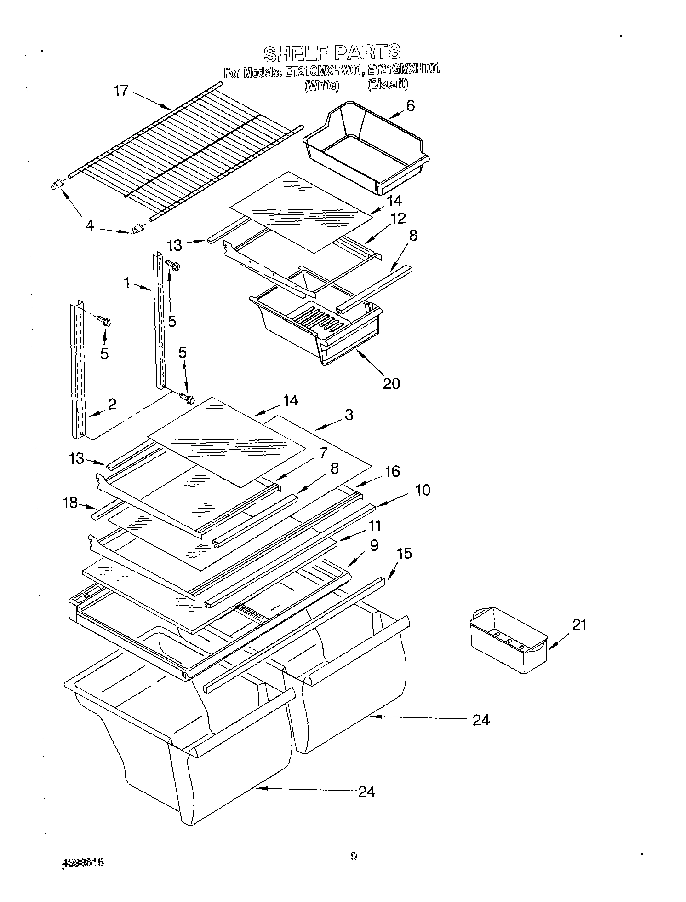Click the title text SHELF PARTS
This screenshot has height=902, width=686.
(332, 53)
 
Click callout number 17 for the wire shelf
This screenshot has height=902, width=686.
(121, 90)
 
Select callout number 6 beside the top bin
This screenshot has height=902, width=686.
(410, 106)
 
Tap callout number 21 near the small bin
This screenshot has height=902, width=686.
(579, 625)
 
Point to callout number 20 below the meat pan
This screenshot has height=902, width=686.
(391, 383)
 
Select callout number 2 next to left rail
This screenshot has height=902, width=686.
(112, 404)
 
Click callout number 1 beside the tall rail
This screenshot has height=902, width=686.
(127, 283)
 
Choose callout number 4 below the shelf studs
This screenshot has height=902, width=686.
(90, 225)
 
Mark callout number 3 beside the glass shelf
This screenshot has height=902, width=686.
(349, 415)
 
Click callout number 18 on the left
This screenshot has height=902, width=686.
(70, 503)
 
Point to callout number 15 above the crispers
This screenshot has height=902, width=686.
(405, 553)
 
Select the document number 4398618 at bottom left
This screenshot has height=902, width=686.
(83, 862)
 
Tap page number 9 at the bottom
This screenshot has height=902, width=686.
(353, 856)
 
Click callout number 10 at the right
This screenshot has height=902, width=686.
(423, 490)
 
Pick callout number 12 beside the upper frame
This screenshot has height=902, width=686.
(399, 219)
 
